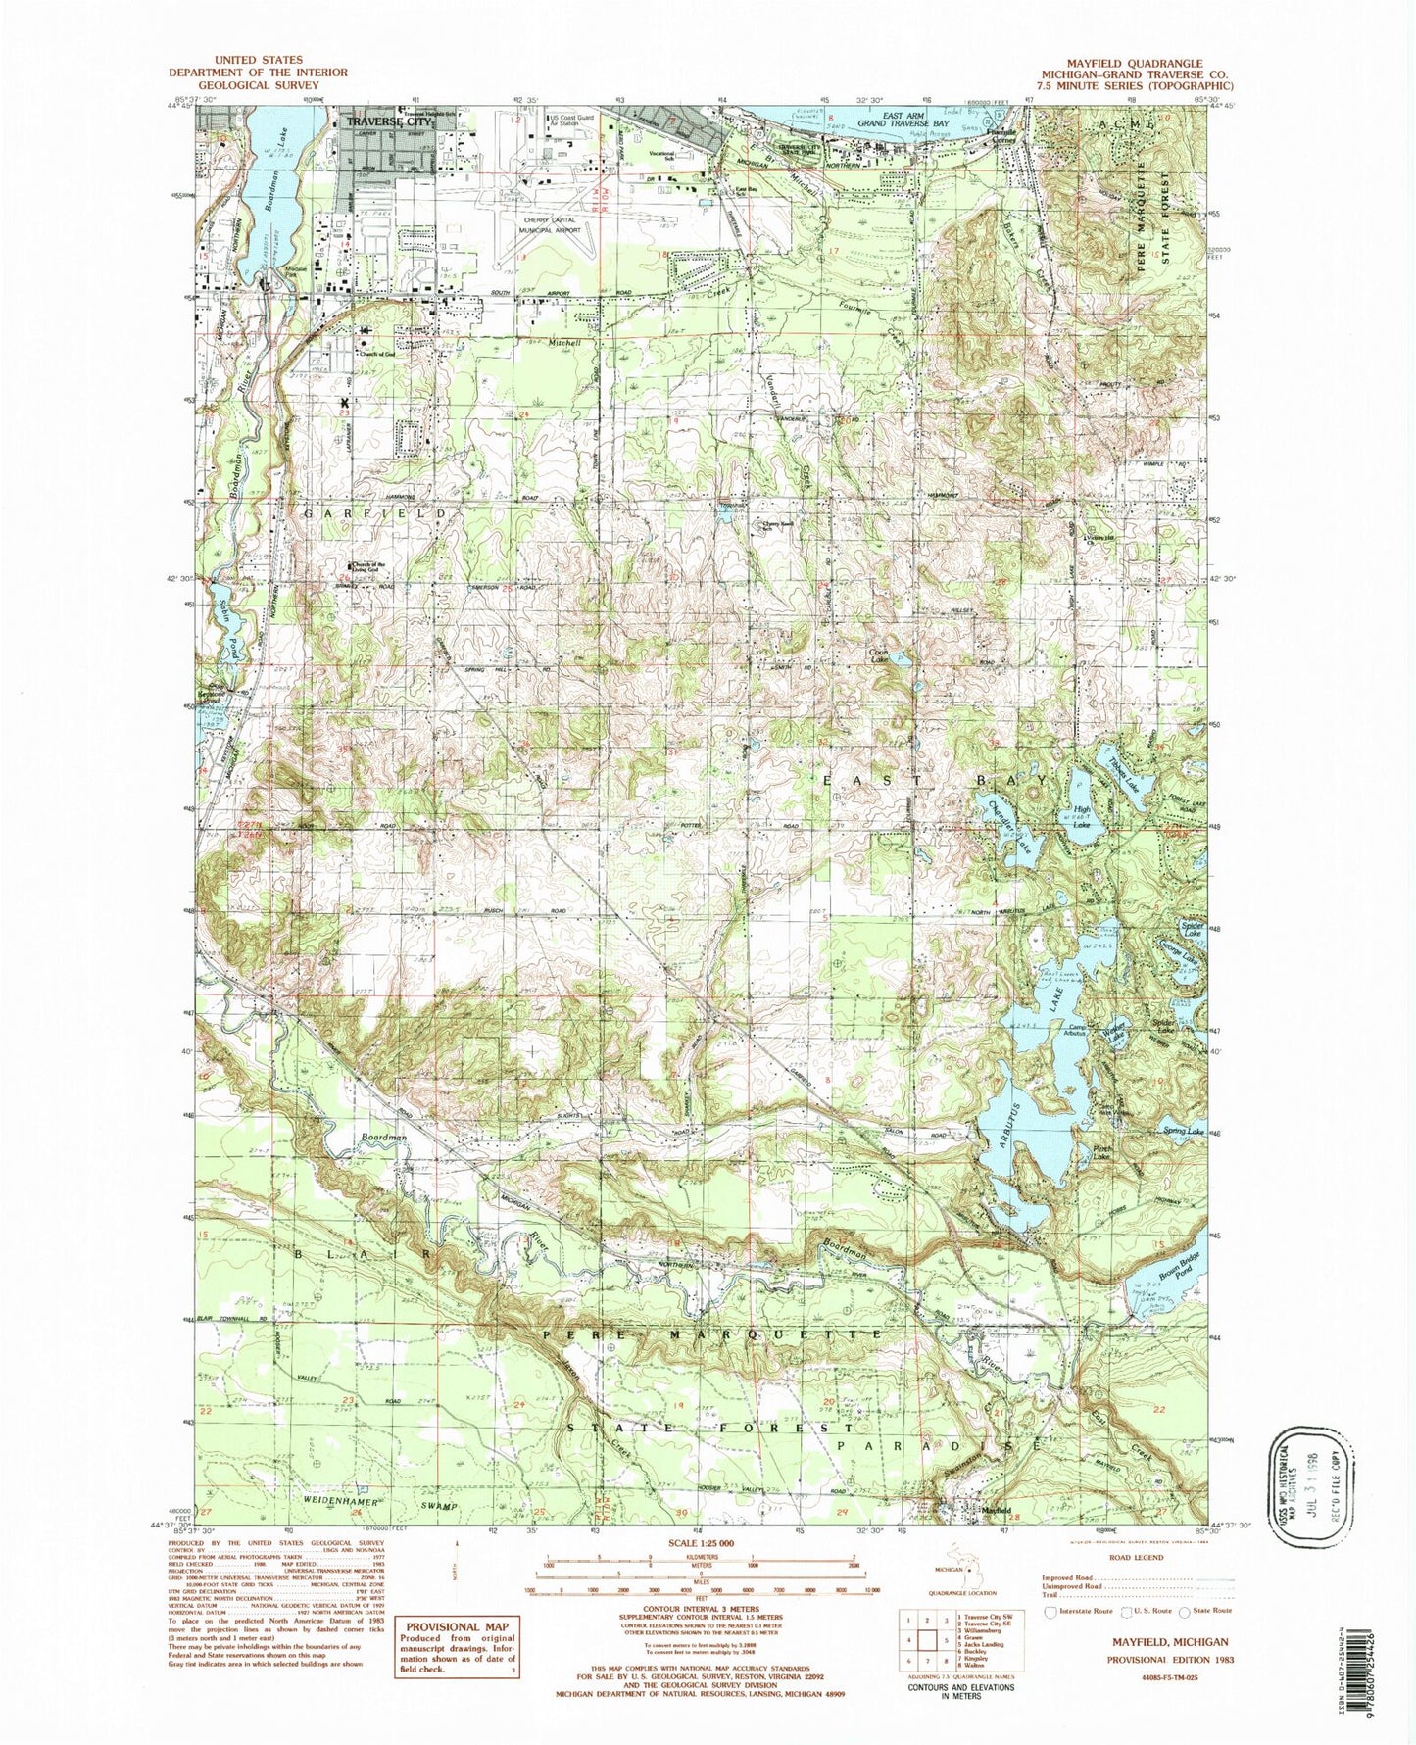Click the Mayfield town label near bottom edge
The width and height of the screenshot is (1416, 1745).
996,1510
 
